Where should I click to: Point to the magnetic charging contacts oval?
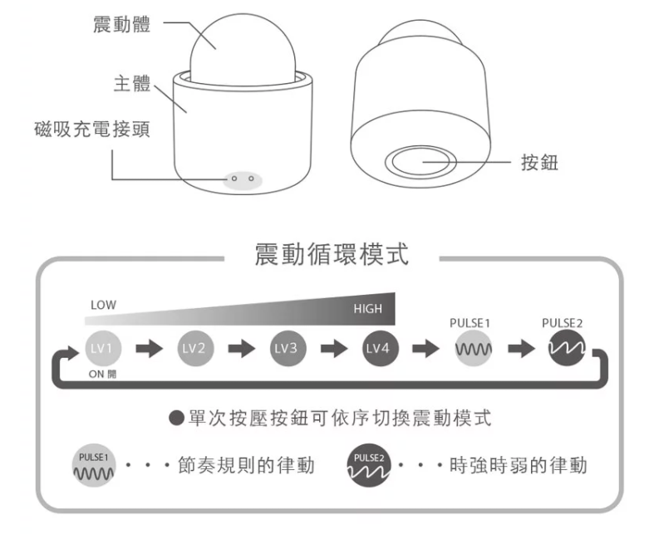[241, 179]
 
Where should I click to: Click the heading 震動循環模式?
[331, 255]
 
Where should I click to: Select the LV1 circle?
[100, 348]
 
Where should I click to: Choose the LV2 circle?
[193, 348]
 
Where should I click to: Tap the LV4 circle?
[378, 348]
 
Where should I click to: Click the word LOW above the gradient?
[104, 306]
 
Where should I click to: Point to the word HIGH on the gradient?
[367, 309]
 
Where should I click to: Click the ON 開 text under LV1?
[103, 373]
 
